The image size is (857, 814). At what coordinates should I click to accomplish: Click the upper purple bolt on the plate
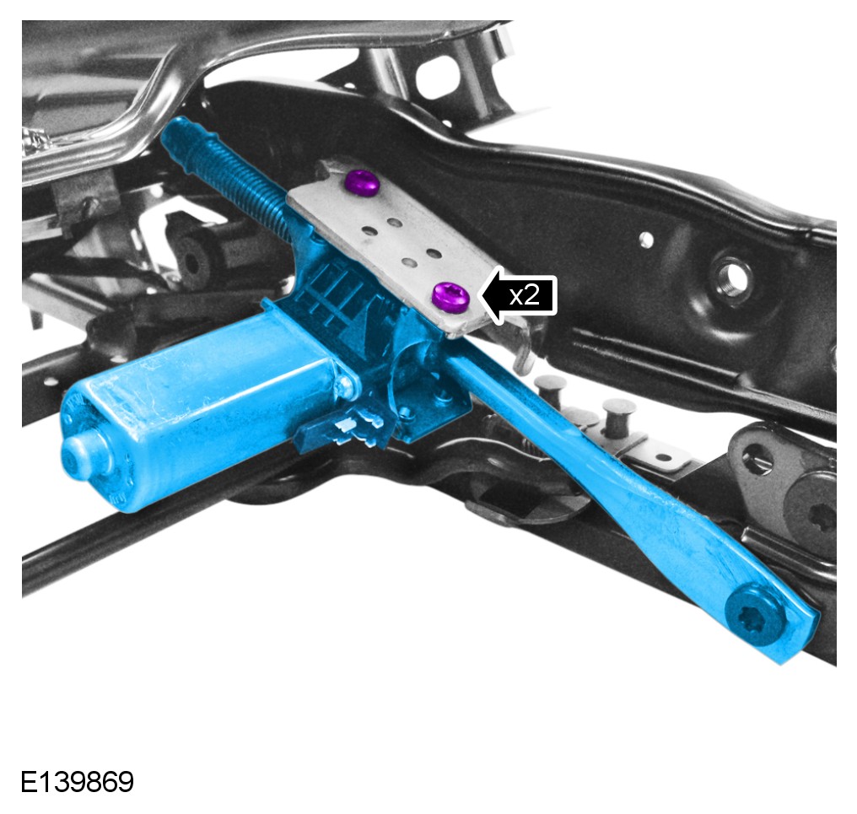click(364, 183)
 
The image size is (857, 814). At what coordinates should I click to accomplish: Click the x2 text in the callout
click(524, 296)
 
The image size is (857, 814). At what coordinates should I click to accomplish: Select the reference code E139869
click(77, 782)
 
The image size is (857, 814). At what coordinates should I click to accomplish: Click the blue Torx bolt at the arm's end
click(755, 615)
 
